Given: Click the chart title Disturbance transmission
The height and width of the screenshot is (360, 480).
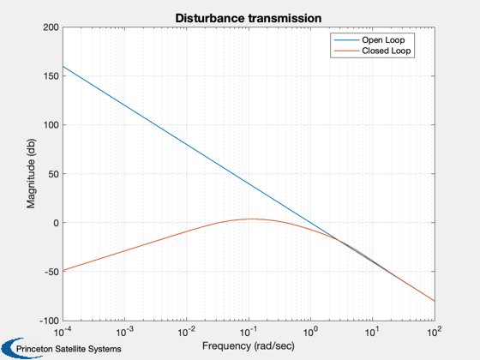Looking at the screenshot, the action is click(x=249, y=18).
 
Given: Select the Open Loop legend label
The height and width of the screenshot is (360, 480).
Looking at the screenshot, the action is click(x=383, y=40).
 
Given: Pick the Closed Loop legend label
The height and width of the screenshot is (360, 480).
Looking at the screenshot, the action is click(x=387, y=51).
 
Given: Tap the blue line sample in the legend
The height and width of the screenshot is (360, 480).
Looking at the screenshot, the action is click(x=346, y=40).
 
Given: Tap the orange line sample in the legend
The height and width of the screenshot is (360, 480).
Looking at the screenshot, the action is click(x=346, y=51).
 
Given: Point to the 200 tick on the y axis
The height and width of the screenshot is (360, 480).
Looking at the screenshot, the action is click(x=51, y=27).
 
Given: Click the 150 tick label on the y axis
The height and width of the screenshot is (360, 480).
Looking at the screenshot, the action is click(x=51, y=76).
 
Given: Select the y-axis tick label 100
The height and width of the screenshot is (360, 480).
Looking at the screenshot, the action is click(x=51, y=125).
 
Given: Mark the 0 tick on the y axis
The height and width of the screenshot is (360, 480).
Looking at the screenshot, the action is click(x=56, y=223).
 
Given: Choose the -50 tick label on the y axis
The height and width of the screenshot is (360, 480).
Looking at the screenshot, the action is click(x=51, y=272).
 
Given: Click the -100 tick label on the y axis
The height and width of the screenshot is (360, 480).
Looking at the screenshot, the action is click(x=49, y=321).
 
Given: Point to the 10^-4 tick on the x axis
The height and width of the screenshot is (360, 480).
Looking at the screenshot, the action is click(x=63, y=332).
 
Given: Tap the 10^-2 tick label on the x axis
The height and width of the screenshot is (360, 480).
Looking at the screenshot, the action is click(x=187, y=332).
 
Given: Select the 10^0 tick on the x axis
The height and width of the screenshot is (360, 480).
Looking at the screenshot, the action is click(x=310, y=332).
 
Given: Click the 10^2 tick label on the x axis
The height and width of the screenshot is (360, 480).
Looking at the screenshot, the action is click(x=435, y=332).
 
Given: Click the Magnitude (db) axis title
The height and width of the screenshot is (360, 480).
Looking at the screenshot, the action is click(x=31, y=173).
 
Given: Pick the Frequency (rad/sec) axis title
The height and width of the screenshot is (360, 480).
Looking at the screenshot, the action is click(x=249, y=346).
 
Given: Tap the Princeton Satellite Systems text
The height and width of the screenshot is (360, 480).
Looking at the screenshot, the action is click(x=69, y=349).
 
